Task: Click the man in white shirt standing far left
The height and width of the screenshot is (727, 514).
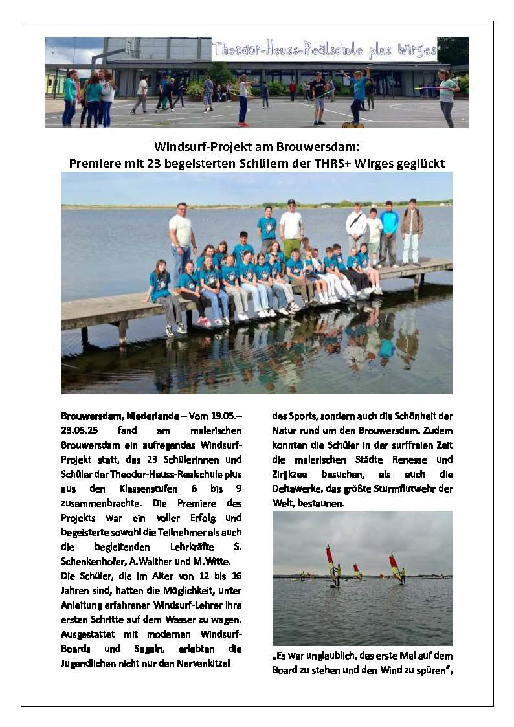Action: [182, 243]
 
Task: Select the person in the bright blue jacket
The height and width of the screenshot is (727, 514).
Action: [389, 233]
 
